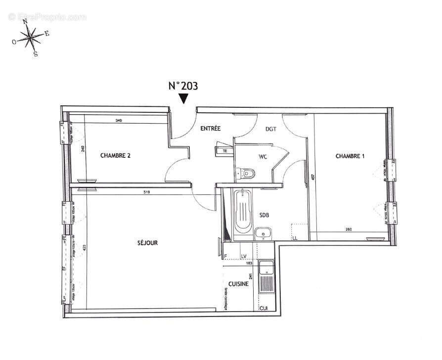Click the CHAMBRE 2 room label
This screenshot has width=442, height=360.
pos(115,155)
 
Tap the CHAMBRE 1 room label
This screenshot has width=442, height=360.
pos(350,156)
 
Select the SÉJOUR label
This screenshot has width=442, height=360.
pos(147,243)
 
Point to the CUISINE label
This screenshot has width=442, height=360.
pos(238,284)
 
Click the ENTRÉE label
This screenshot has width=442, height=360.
pos(210,129)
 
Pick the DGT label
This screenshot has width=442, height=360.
pos(271,129)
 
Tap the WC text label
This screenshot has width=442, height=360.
pos(263,157)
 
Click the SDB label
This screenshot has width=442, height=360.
pos(265,215)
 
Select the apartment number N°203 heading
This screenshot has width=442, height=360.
pos(183,86)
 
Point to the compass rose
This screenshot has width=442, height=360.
pos(31,36)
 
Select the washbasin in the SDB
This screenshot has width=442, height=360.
pos(264,233)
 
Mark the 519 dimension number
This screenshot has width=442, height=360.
pos(146,192)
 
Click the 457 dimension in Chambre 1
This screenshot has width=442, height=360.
pos(312,178)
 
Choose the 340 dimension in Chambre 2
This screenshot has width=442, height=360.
pos(119,120)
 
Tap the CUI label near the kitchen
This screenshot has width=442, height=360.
pos(264,308)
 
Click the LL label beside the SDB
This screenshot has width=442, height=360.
pos(295,238)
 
